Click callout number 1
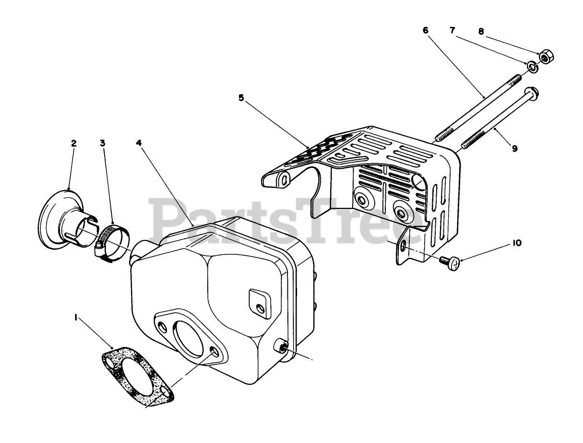tap(75, 317)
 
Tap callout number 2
tap(73, 143)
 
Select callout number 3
tap(103, 143)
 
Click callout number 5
tap(241, 98)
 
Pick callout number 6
tap(426, 30)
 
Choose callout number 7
tap(452, 30)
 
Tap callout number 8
tap(481, 32)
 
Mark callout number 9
tap(514, 149)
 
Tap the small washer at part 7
tap(532, 66)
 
